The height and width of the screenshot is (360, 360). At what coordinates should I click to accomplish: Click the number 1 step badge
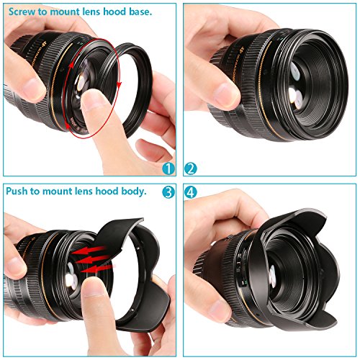168,168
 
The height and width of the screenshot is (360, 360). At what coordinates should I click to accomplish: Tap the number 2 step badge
191,168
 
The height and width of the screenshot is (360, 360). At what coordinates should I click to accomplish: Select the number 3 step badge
168,192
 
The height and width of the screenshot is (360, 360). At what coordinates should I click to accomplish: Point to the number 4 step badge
191,192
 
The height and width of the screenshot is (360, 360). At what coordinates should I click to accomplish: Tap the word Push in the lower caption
17,192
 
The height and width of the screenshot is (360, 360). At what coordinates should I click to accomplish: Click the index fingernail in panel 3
93,287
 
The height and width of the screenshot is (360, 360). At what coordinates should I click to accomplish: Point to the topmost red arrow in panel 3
89,250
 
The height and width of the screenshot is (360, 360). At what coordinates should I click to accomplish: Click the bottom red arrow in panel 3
96,269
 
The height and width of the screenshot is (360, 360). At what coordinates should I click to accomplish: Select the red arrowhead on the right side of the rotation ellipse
120,84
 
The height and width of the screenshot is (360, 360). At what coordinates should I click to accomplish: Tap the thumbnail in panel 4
220,310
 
